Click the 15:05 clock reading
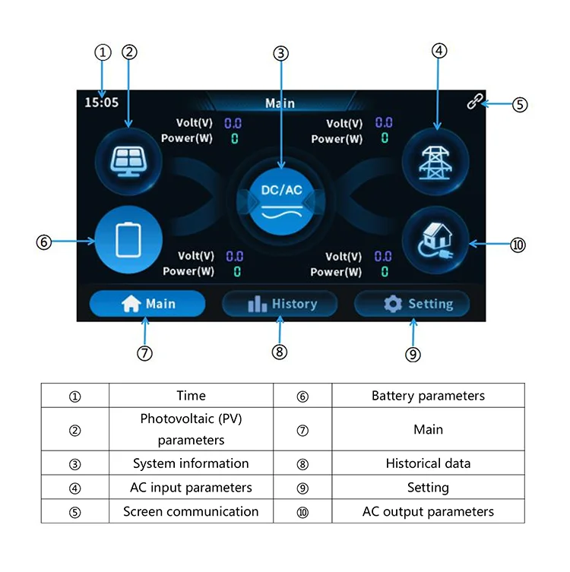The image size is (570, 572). (x=102, y=102)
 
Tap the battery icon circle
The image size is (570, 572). (x=128, y=242)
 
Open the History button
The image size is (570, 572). (x=280, y=304)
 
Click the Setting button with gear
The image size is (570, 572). (x=412, y=304)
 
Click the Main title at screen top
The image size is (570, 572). (x=280, y=103)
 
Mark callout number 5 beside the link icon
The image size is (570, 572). (x=519, y=105)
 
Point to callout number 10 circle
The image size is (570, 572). (x=518, y=245)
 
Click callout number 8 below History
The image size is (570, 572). (x=279, y=351)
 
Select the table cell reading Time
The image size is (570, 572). (x=191, y=396)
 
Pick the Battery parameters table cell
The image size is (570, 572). (x=428, y=396)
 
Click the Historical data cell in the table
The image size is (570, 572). (x=428, y=463)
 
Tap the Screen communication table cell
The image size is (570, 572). (x=191, y=511)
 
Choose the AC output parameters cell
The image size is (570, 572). (x=428, y=511)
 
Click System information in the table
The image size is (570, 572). (x=191, y=463)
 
